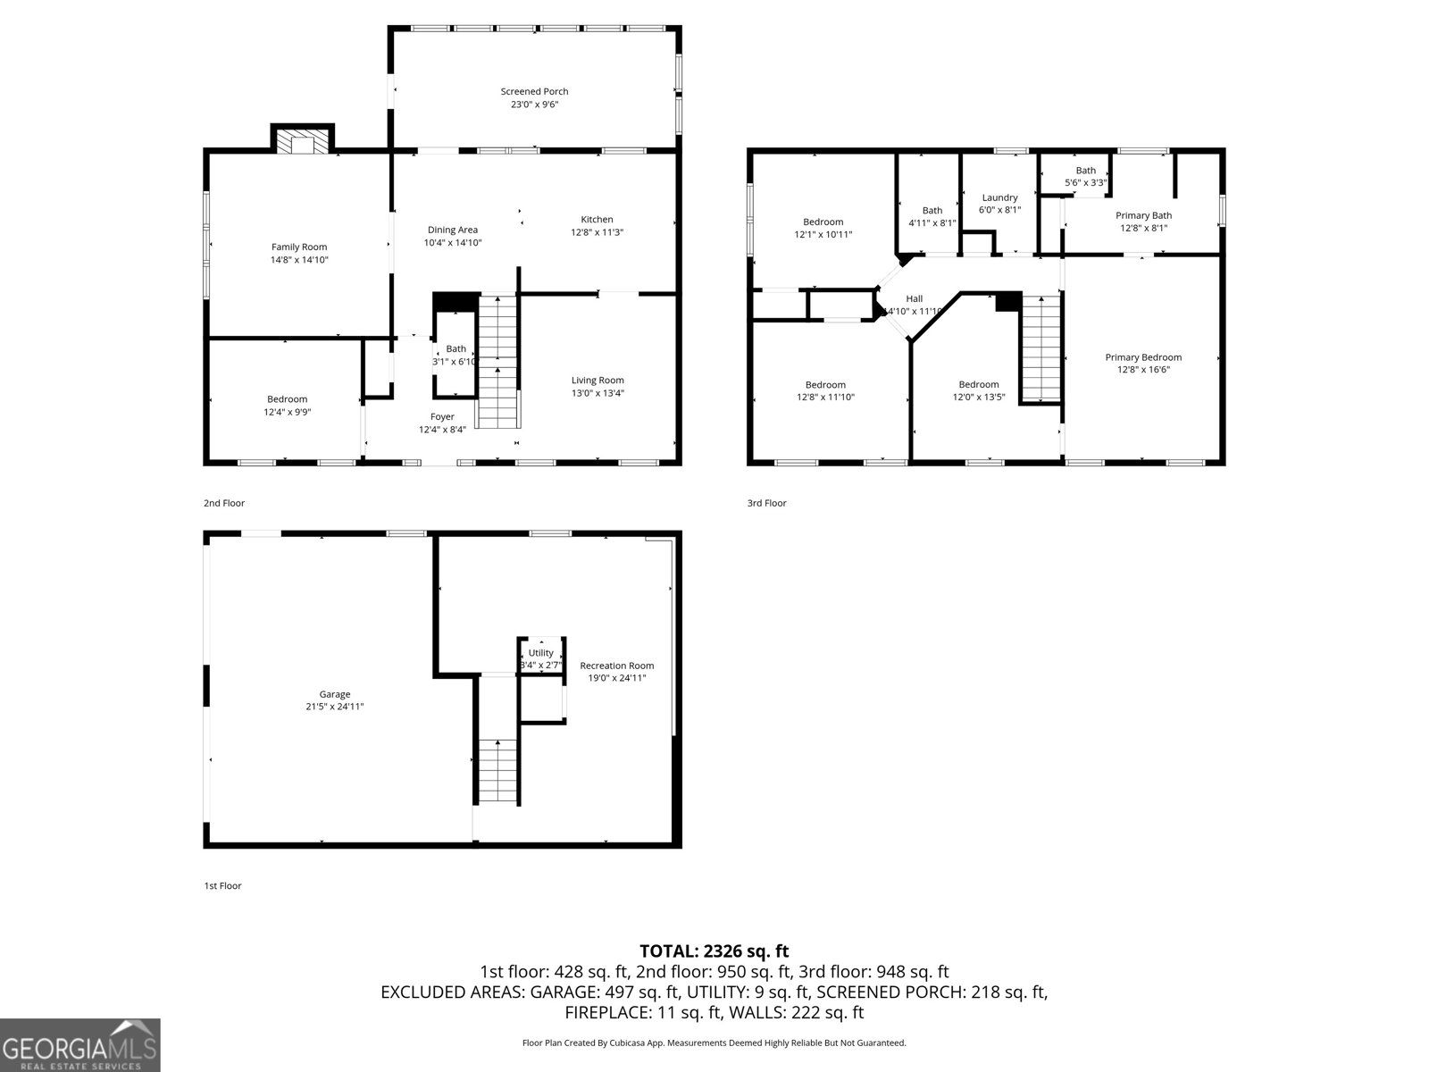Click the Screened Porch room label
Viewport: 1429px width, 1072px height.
tap(534, 91)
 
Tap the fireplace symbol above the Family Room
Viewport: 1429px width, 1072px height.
tap(302, 142)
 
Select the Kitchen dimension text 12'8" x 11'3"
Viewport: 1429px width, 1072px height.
tap(597, 232)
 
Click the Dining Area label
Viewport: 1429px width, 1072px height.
tap(452, 230)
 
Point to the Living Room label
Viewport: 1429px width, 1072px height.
tap(598, 380)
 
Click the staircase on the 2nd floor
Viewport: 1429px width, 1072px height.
tap(498, 362)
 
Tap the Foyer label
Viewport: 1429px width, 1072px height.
tap(442, 416)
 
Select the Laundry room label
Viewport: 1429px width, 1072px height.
tap(999, 197)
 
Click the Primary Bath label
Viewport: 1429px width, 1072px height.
tap(1143, 215)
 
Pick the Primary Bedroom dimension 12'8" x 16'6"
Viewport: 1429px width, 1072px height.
tap(1143, 370)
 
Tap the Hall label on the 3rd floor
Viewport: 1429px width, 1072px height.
tap(914, 298)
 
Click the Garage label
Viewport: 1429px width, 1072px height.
tap(335, 694)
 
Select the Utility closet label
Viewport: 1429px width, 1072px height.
tap(540, 653)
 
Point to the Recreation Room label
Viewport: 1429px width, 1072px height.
tap(616, 666)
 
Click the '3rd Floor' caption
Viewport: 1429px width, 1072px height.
tap(766, 503)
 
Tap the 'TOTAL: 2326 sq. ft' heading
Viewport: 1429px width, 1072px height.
tap(714, 951)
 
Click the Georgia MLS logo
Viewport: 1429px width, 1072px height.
tap(80, 1045)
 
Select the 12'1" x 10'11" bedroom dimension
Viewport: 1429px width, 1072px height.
tap(823, 235)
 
